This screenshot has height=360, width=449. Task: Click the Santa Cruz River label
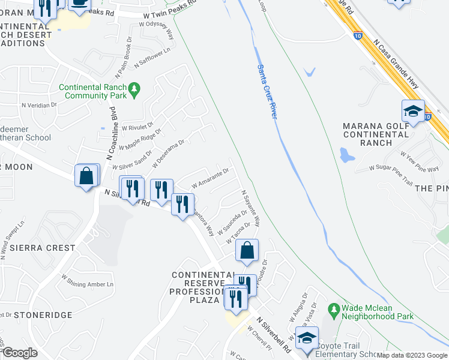click(267, 91)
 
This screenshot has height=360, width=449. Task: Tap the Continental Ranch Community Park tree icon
click(134, 89)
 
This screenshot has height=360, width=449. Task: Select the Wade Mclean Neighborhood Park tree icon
click(334, 308)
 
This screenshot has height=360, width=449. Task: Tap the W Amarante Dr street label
click(210, 178)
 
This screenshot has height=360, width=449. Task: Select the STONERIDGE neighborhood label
click(43, 314)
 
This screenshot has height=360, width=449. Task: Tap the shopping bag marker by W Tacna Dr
click(247, 250)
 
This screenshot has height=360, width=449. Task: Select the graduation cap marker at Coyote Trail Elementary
click(307, 337)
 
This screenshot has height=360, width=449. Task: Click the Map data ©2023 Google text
click(412, 355)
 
